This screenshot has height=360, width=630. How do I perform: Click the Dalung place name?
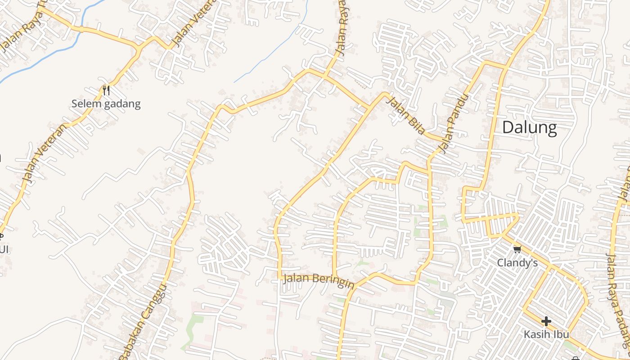tap(529, 128)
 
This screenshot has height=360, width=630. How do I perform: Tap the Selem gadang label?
tap(106, 104)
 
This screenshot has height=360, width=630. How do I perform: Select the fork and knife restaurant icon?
tap(106, 90)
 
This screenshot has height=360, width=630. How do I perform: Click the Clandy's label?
tap(517, 262)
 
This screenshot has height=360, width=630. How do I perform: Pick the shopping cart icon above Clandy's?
tap(517, 249)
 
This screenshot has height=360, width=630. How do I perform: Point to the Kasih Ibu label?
tap(546, 334)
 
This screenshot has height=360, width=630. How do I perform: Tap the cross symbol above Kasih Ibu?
tap(546, 321)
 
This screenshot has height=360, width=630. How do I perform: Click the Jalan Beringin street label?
tap(319, 280)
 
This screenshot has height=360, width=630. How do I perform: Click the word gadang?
tap(122, 104)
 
